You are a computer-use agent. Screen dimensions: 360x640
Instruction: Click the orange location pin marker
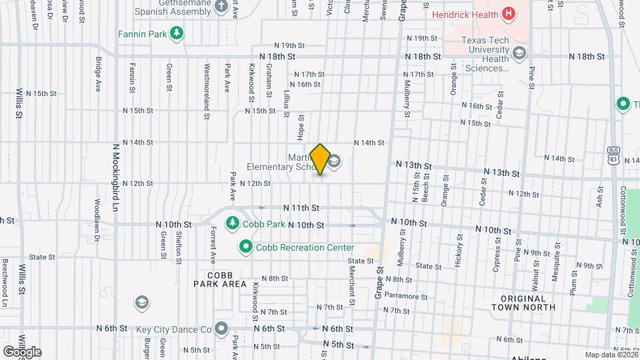tap(321, 159)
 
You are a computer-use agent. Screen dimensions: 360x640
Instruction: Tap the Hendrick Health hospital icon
tap(509, 13)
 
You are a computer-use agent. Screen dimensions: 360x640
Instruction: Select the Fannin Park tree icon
tap(177, 33)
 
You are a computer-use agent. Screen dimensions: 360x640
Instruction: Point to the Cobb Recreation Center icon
tap(246, 247)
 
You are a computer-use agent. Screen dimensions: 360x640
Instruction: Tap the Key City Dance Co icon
tap(221, 329)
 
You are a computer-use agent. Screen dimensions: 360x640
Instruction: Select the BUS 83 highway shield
tap(614, 155)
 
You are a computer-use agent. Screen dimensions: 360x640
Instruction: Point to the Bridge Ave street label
tap(98, 73)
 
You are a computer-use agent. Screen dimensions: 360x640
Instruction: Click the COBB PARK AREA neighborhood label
tap(221, 279)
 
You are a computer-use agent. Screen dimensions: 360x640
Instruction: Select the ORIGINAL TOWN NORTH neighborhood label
tap(523, 303)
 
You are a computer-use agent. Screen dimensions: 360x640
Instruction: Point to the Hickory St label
tap(459, 250)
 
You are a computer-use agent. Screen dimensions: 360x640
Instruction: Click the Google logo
tap(22, 351)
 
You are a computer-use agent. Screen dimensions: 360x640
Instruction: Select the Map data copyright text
tap(611, 355)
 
